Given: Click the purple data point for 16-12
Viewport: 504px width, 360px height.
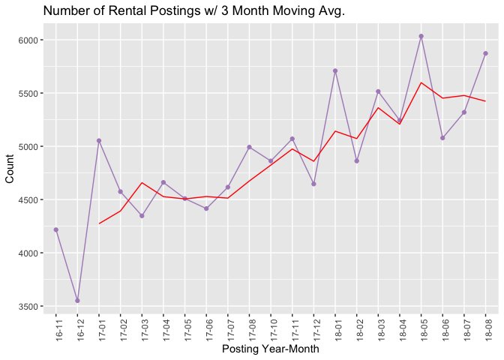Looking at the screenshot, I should click(x=77, y=301).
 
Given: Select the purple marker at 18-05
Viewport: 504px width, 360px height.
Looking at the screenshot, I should click(x=421, y=36).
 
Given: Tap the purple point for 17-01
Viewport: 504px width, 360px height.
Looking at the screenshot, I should click(x=99, y=140).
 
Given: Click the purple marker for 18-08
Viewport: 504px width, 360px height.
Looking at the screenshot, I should click(x=485, y=53).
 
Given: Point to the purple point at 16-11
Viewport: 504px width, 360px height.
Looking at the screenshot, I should click(x=56, y=229).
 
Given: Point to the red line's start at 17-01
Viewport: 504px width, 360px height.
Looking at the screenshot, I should click(x=99, y=223).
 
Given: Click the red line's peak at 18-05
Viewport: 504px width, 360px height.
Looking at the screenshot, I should click(x=421, y=82).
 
